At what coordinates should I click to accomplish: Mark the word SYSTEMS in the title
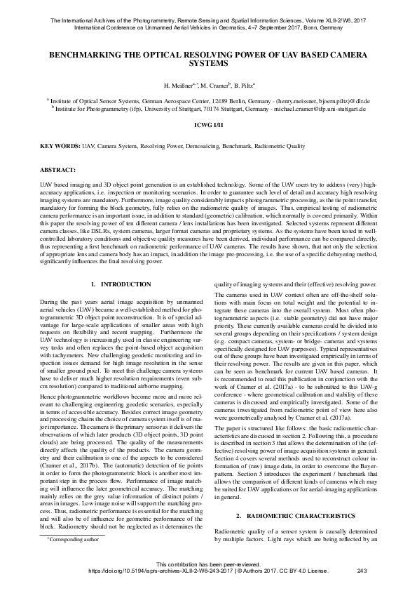(208, 62)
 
